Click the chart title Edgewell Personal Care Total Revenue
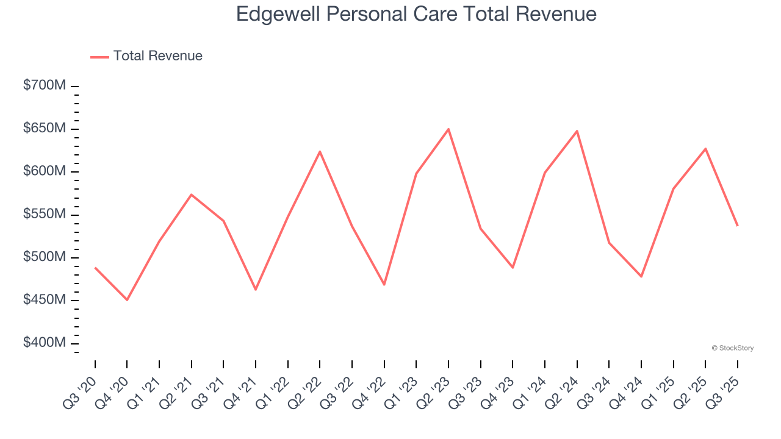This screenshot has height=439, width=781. coord(416,14)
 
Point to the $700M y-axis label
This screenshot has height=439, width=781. coord(45,85)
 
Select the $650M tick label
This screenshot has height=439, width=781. coord(45,129)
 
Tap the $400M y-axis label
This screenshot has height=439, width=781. coord(45,343)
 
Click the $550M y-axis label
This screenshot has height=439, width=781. coord(45,214)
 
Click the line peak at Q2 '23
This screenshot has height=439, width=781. coord(448,129)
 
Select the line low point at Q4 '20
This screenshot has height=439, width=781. coord(127,299)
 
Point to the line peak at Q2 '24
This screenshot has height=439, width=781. coord(577,131)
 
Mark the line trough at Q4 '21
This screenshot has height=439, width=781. coord(256,289)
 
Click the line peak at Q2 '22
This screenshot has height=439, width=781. coord(320,151)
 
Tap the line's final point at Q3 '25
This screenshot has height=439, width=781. coord(737,226)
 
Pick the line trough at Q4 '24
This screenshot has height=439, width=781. coord(641,276)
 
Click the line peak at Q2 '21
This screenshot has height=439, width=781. coord(192,195)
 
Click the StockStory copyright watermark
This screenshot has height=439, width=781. coord(732,348)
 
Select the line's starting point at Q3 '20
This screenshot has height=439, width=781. coord(95,268)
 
